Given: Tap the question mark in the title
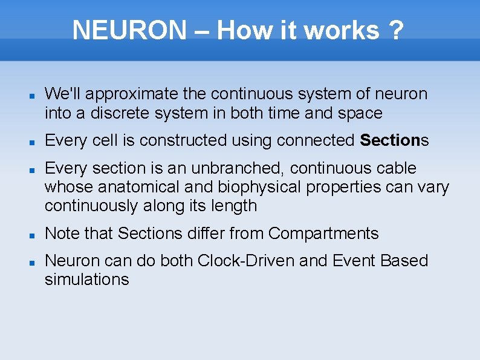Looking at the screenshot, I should tap(396, 30).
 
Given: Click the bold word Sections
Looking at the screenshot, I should tap(390, 140).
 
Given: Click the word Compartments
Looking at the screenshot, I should tap(323, 234).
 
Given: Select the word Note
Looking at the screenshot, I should tap(62, 234).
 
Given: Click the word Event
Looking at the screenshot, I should tap(354, 261).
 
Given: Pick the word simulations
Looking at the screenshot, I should tap(86, 280).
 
